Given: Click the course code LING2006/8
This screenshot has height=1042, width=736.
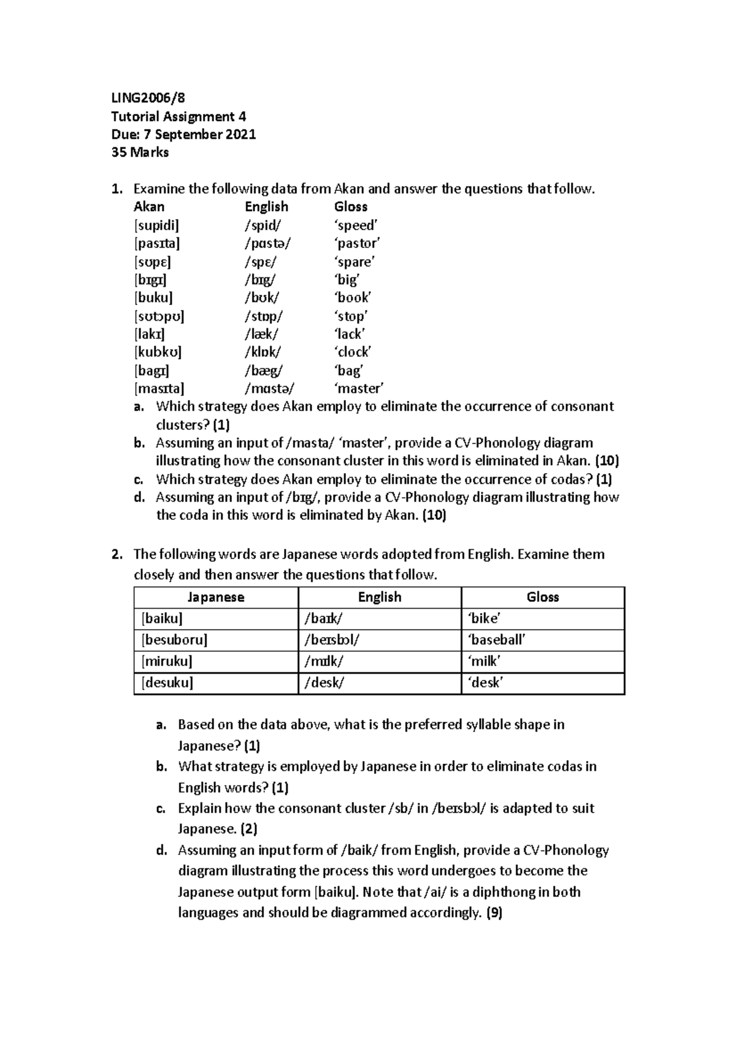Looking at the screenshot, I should [x=147, y=98].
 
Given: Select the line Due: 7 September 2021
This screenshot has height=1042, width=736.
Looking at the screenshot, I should [x=183, y=134].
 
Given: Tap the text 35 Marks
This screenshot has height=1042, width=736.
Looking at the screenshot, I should [x=140, y=152].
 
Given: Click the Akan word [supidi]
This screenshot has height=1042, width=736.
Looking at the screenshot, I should [x=156, y=225].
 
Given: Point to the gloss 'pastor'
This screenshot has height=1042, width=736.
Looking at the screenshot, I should [x=357, y=243].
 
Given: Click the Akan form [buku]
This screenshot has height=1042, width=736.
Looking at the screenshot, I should [x=153, y=298].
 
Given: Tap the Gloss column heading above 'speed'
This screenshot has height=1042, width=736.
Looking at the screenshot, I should [x=351, y=207].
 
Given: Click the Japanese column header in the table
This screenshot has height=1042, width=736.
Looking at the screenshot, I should [x=216, y=597].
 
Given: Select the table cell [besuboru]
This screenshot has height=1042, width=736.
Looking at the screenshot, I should [x=175, y=640].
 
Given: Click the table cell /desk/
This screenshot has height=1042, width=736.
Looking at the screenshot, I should [x=324, y=682].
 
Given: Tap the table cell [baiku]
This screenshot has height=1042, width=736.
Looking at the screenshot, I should [x=162, y=619].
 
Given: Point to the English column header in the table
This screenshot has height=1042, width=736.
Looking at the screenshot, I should [x=380, y=597].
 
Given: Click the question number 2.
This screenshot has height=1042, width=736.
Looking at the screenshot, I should [x=116, y=555].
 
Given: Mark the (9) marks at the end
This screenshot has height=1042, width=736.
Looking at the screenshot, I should [x=494, y=913].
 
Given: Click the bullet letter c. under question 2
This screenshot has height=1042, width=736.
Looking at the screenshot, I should [x=161, y=809].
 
